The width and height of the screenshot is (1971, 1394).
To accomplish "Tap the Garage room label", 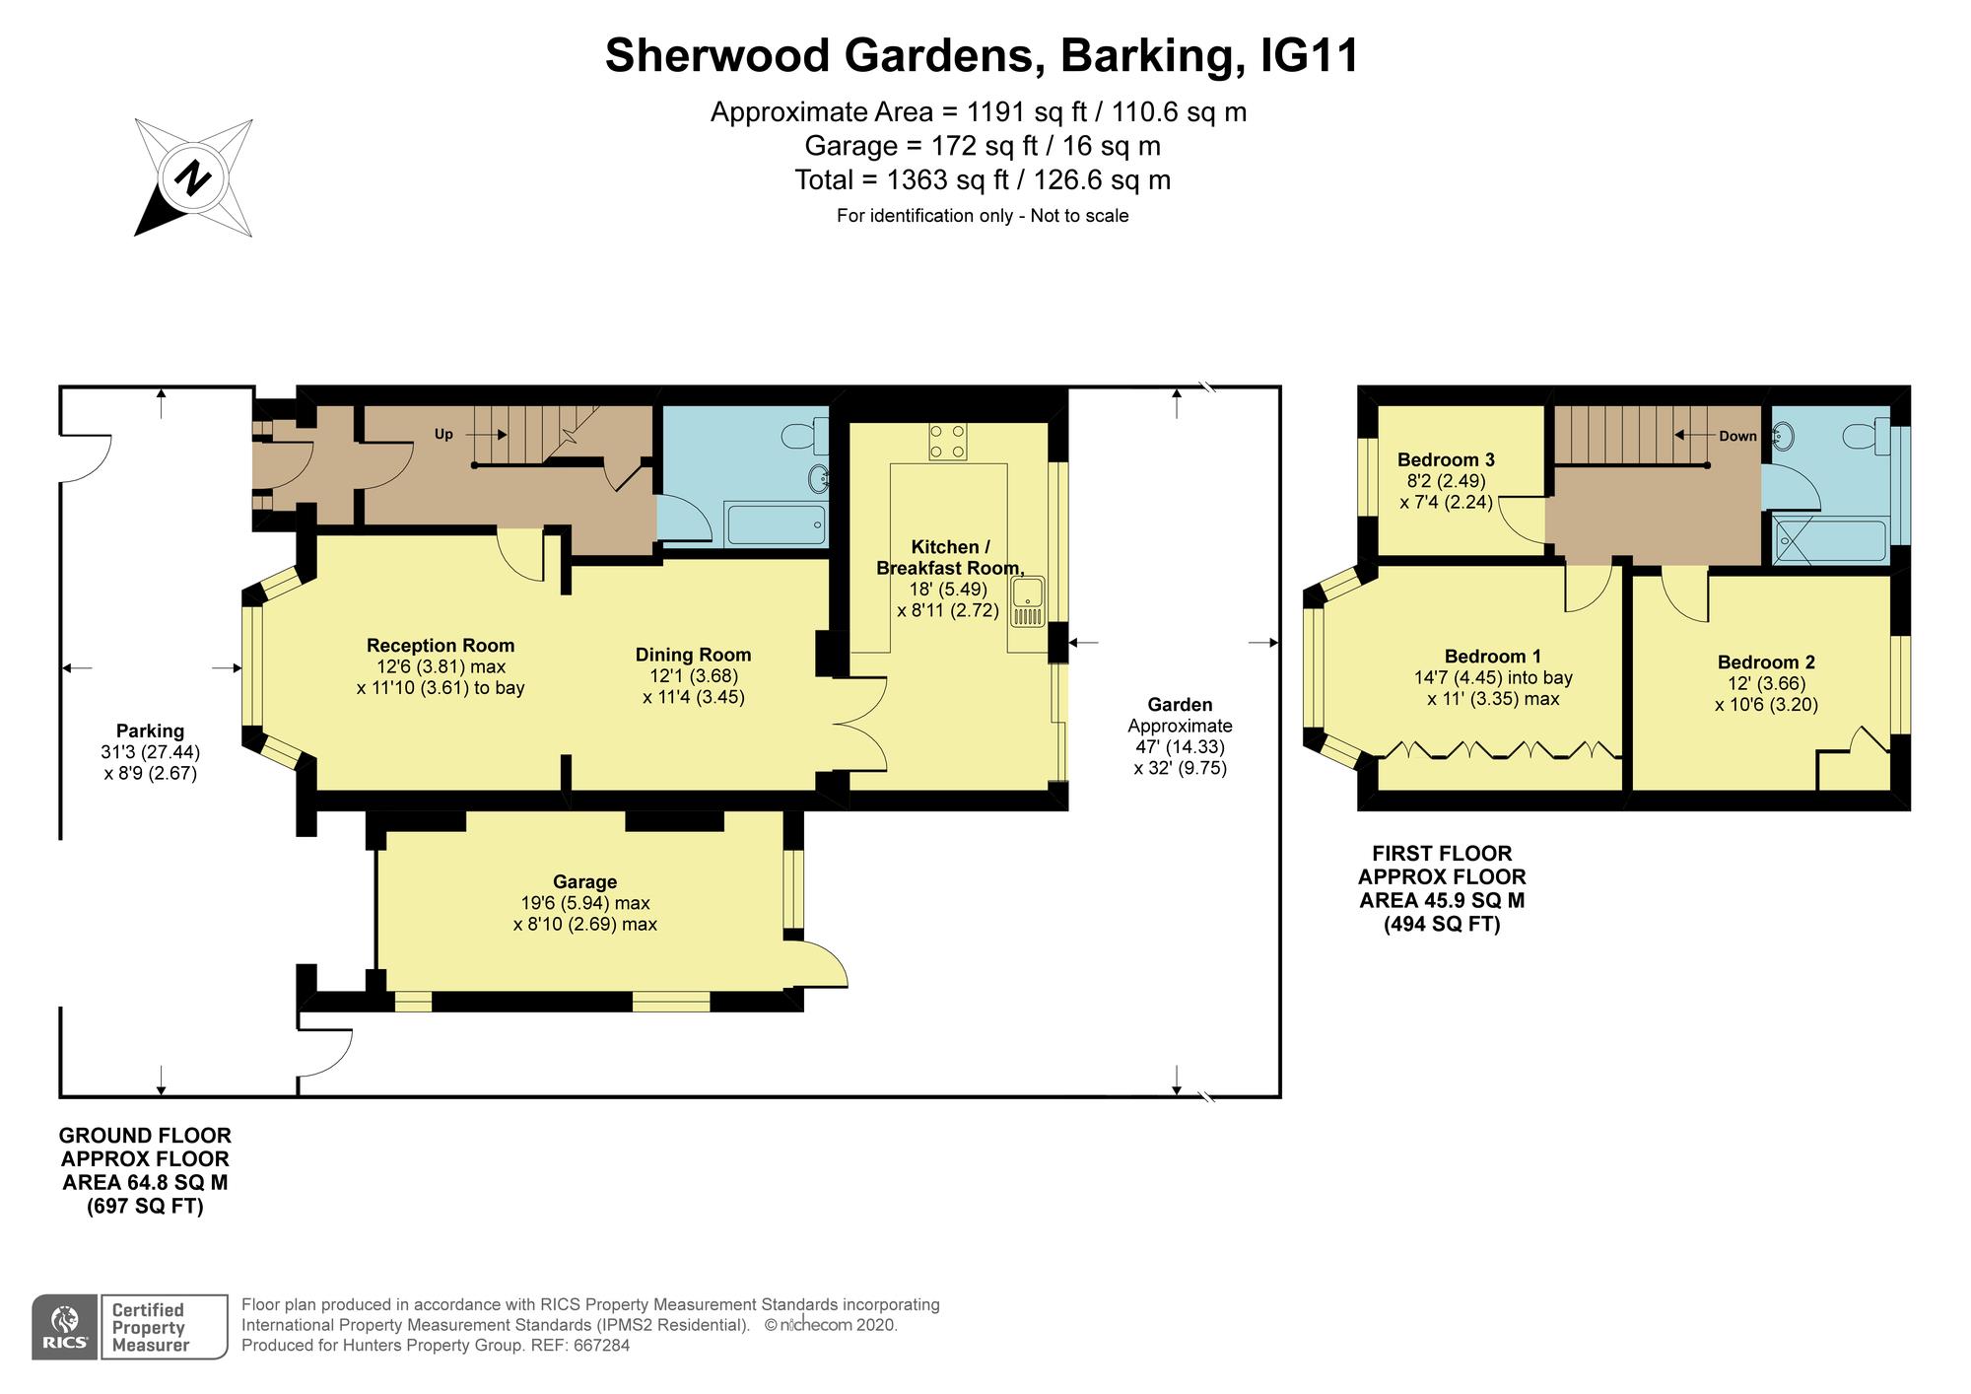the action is (584, 882).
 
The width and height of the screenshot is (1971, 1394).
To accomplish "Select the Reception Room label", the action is (441, 646).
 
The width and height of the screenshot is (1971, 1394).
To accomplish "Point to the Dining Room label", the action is (693, 655).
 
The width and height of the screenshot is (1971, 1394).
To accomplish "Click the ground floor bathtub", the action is (777, 525).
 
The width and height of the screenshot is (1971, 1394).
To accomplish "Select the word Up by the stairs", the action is (444, 434).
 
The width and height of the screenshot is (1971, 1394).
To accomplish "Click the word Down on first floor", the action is (1737, 436).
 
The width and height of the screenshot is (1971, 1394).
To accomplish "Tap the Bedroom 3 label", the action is (1446, 459).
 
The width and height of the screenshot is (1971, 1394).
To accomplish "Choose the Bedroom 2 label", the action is (1766, 662).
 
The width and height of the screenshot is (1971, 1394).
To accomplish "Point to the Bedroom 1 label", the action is (1493, 657).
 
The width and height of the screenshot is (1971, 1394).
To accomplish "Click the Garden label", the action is (1180, 705).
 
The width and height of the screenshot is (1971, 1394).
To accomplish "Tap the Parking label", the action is (150, 732).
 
